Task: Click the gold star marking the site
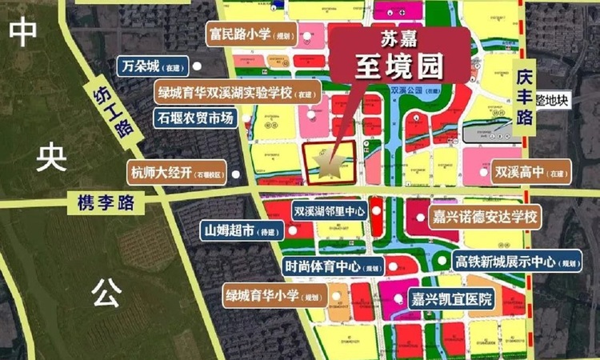coord(329,163)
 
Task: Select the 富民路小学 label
coord(251,35)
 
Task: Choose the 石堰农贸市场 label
coord(195,118)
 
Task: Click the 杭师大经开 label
coord(178,171)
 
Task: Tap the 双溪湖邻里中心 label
coord(329,212)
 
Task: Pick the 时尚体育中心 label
coord(327,266)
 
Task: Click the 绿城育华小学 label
coord(273,294)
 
